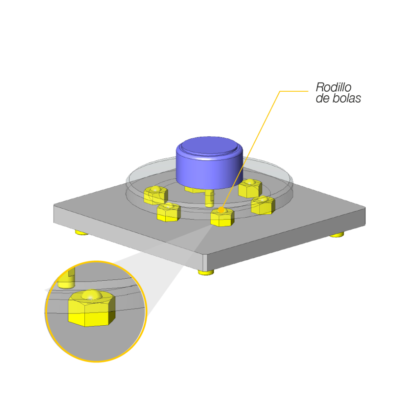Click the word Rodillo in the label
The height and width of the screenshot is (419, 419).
333,87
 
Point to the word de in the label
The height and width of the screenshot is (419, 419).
323,99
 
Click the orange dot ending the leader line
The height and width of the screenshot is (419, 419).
221,210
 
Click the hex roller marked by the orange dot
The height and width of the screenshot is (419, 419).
222,218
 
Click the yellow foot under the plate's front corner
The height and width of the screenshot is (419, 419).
206,272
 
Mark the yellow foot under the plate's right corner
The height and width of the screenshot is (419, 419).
337,234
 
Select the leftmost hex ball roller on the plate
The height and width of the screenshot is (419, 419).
155,195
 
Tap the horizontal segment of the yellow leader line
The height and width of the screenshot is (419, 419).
293,91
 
